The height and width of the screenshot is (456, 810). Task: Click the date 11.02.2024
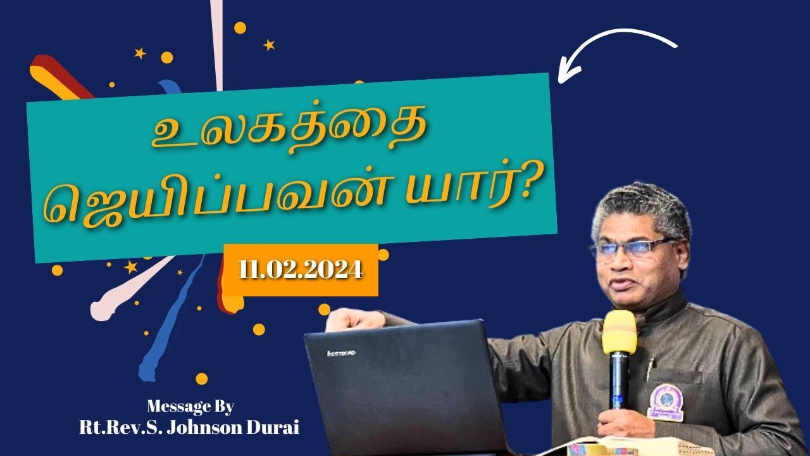pyautogui.click(x=301, y=270)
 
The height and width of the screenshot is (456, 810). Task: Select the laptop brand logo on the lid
pyautogui.click(x=341, y=352)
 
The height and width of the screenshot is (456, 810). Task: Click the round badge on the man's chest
pyautogui.click(x=666, y=402)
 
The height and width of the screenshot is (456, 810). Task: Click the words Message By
pyautogui.click(x=190, y=406)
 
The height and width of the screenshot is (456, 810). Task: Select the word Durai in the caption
pyautogui.click(x=277, y=427)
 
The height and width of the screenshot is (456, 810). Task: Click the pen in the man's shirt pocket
pyautogui.click(x=650, y=368)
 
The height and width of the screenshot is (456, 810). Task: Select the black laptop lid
pyautogui.click(x=405, y=386)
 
